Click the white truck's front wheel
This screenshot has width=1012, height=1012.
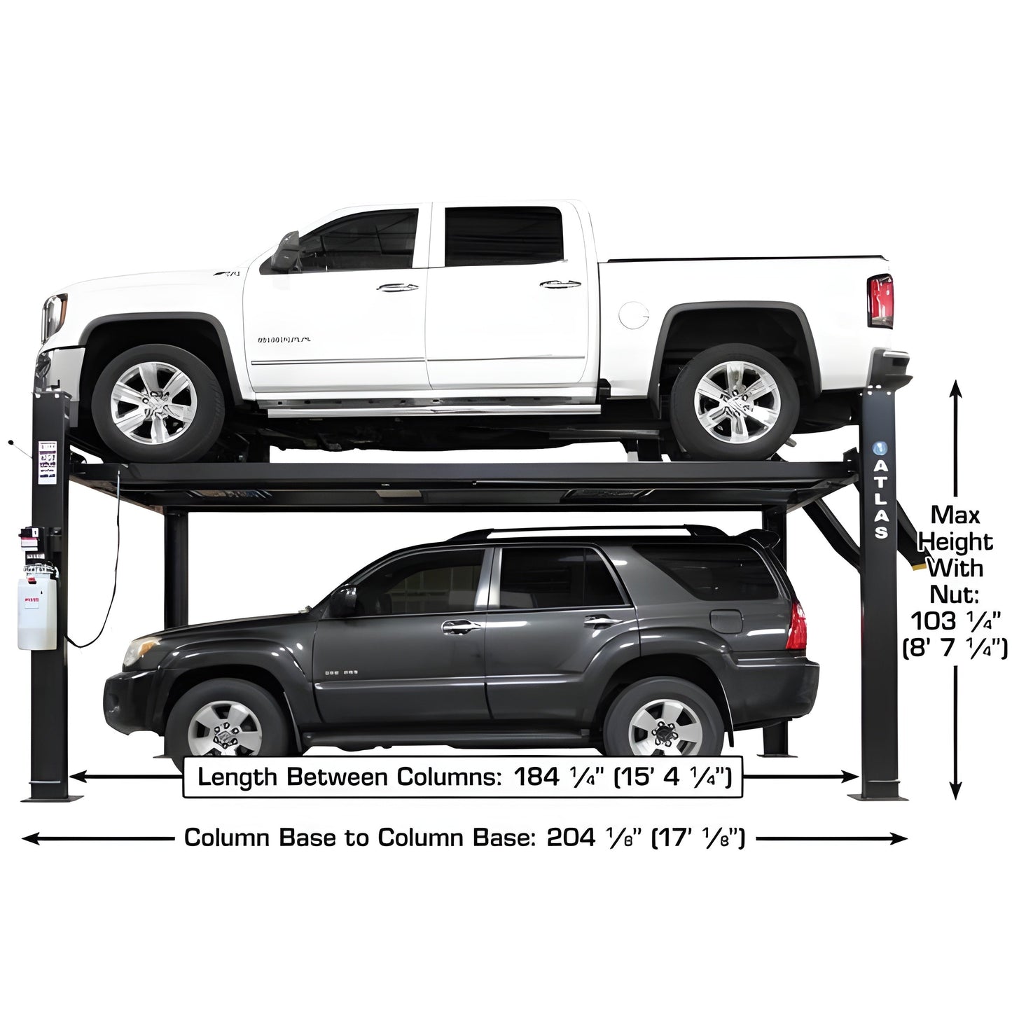154,403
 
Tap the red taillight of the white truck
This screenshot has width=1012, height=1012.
880,301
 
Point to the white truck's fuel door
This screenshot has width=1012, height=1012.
635,315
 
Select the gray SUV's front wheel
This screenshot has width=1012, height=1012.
224,728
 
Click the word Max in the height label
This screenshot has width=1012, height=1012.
955,515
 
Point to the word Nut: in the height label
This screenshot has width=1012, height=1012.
954,594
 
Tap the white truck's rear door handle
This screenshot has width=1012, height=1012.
560,284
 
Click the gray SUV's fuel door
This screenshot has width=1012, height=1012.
726,621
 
